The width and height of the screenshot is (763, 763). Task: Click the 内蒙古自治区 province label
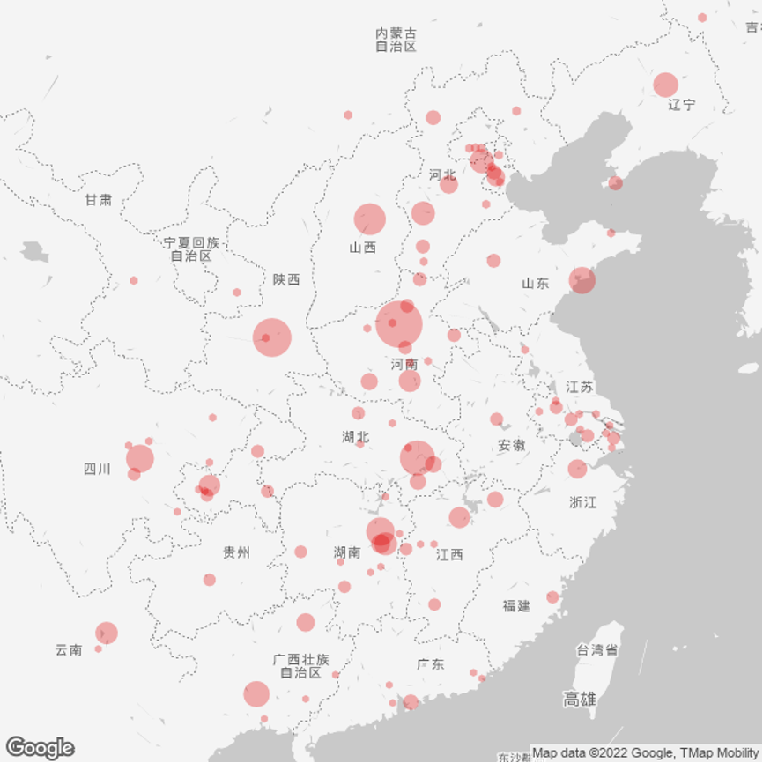tap(396, 40)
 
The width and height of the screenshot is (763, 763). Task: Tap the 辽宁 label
tap(681, 105)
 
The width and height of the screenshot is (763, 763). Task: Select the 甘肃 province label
tap(99, 200)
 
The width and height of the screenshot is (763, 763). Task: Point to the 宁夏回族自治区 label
tap(191, 249)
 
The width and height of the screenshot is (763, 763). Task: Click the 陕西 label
tap(286, 279)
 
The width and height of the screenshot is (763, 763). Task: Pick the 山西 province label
tap(362, 248)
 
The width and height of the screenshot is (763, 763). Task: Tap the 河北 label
tap(442, 174)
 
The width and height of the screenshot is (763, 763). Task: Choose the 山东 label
tap(535, 283)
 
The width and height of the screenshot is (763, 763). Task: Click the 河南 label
tap(404, 364)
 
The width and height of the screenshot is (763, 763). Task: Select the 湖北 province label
tap(356, 436)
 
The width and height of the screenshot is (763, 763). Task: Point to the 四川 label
tap(97, 469)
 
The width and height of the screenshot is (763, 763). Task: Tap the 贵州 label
tap(236, 552)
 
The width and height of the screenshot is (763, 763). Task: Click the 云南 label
tap(68, 650)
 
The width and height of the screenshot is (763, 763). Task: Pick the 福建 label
tap(516, 605)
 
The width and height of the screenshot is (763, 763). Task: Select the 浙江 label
tap(582, 502)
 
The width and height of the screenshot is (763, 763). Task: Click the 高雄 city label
tap(580, 700)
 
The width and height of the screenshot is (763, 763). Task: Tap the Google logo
tap(40, 748)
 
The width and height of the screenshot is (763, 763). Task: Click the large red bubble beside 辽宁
tap(665, 85)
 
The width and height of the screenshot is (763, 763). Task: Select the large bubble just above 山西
tap(370, 219)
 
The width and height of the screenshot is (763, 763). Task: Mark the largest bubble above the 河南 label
tap(398, 324)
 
